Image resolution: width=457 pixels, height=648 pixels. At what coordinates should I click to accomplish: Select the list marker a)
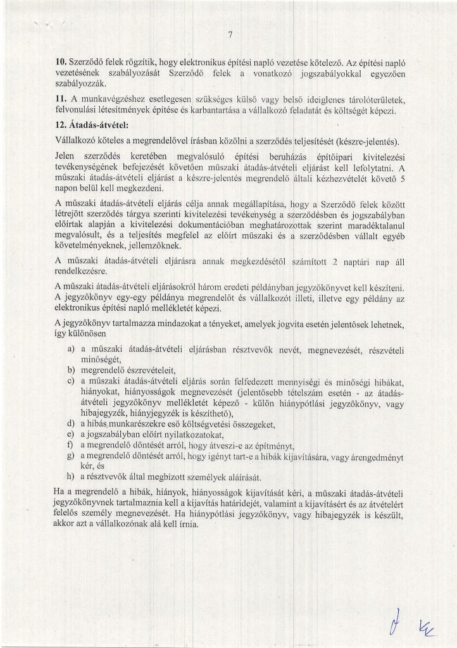(x=72, y=349)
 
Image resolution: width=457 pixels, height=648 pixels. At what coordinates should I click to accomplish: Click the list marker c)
(x=72, y=382)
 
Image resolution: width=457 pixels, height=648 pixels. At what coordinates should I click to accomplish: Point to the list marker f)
(x=71, y=445)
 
